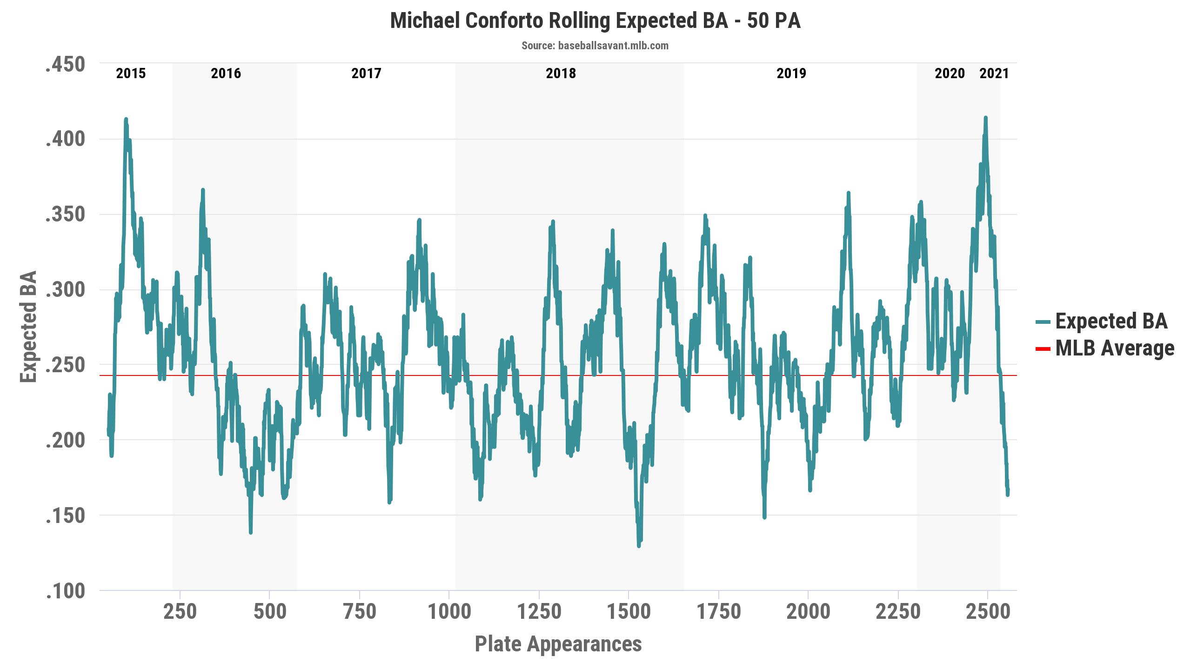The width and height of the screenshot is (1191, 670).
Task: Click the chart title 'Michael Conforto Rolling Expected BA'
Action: [x=595, y=21]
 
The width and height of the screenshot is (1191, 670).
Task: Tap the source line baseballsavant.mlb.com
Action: [x=595, y=46]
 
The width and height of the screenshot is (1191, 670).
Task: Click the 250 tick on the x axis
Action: [x=180, y=611]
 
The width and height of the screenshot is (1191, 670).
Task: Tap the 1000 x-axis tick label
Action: [x=449, y=611]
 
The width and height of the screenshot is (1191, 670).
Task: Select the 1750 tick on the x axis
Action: [x=718, y=611]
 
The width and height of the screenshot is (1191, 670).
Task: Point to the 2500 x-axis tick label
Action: [x=988, y=611]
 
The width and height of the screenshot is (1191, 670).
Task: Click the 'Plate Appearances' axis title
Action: [x=558, y=644]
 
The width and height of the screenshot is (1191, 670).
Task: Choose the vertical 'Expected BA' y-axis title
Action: [x=29, y=327]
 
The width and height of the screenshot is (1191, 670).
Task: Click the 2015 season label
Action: [x=131, y=74]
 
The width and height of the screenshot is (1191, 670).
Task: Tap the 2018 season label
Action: [x=561, y=74]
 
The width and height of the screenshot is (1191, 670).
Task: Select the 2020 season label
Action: [x=950, y=74]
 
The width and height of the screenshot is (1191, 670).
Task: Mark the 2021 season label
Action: [x=994, y=74]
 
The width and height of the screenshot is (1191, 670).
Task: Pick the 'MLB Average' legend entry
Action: [x=1114, y=348]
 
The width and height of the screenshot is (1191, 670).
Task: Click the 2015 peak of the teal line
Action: [x=126, y=120]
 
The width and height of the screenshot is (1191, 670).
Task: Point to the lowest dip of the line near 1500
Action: [x=639, y=545]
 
